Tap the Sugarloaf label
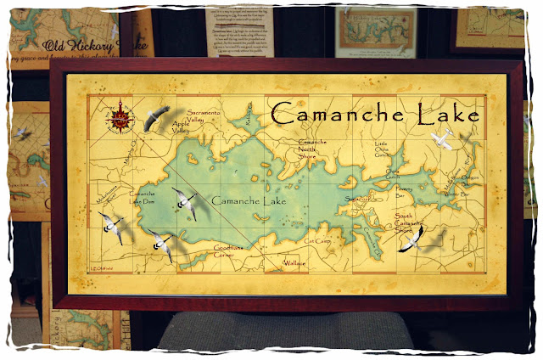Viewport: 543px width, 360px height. coord(355,200)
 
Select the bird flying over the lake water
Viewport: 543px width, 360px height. coord(185,203)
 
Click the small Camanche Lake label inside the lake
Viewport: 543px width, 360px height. coord(249,201)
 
